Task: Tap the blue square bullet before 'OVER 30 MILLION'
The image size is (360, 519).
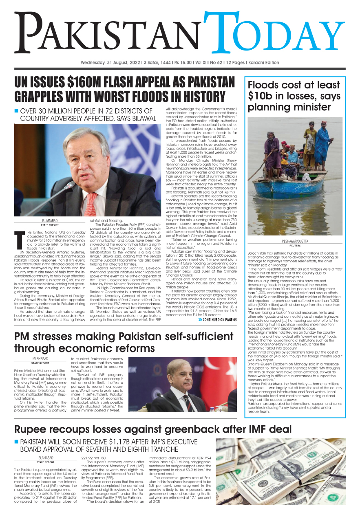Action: [17, 111]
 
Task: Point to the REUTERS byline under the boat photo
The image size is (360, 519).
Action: [295, 246]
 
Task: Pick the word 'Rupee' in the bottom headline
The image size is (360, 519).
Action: [33, 429]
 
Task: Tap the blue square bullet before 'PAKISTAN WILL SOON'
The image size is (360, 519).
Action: [17, 442]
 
